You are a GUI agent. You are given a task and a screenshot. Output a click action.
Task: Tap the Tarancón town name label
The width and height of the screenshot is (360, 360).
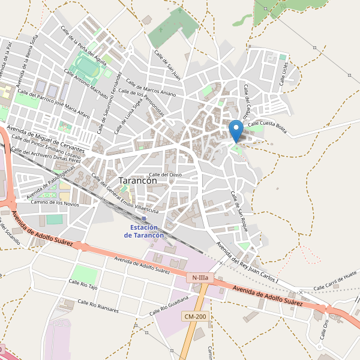click(x=138, y=180)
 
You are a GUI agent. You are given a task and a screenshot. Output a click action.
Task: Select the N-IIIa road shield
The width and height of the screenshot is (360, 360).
click(x=199, y=278)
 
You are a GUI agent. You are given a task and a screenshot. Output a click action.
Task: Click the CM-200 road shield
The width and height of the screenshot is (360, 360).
click(x=195, y=316)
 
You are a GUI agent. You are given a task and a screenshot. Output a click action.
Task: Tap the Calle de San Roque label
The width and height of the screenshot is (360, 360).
click(x=239, y=207)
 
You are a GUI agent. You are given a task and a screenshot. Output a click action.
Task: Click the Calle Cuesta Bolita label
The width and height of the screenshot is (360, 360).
click(x=267, y=125)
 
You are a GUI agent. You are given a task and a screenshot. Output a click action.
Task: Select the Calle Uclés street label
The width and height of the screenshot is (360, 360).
click(x=285, y=73)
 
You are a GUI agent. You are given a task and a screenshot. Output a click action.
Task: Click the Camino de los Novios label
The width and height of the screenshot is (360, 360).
click(x=55, y=203)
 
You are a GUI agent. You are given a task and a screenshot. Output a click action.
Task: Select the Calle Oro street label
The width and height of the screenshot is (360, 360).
click(x=325, y=329)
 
